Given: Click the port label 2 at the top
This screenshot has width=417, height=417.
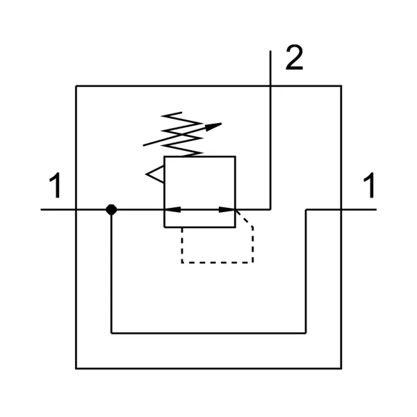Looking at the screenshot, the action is (294, 58).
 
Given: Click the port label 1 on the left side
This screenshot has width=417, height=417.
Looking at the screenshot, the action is (56, 186).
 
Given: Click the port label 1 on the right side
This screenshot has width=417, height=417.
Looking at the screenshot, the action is (370, 186).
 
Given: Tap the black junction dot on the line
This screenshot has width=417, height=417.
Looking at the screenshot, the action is (111, 210).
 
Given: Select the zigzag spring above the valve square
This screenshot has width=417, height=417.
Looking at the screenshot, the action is (182, 134).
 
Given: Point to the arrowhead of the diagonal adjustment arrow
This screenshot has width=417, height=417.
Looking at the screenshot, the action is (213, 126).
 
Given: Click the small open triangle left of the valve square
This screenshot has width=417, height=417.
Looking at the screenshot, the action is (155, 174).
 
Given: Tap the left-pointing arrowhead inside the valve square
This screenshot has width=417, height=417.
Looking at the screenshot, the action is (172, 210).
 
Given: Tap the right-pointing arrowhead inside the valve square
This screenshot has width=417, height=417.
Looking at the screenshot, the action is (227, 210).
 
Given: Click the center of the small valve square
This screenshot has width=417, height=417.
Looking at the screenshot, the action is (199, 192).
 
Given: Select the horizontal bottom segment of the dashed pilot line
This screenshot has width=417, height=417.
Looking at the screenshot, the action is (218, 263).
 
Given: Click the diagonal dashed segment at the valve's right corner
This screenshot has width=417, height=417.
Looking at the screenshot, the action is (244, 218).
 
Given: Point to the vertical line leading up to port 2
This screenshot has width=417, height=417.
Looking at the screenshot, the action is (270, 130).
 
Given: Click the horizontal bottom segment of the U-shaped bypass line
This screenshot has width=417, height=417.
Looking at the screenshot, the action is (208, 333).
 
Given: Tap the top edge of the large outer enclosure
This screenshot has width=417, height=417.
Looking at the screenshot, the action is (208, 86).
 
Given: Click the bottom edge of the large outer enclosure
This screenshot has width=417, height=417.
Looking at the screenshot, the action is (208, 368).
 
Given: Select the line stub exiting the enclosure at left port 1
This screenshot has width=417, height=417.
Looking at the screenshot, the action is (58, 210).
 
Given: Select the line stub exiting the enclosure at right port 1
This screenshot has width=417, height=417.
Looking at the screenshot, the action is (359, 210).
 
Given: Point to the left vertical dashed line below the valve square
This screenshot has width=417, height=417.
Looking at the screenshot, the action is (182, 245).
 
